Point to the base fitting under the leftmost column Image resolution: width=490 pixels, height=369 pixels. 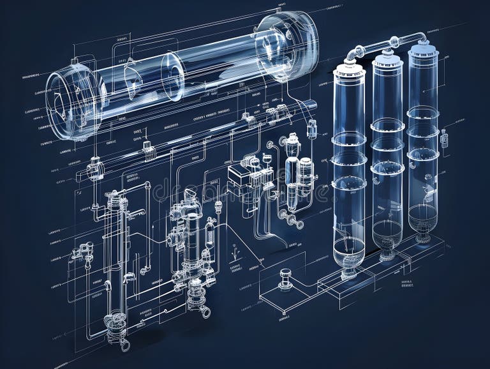pyautogui.click(x=349, y=273)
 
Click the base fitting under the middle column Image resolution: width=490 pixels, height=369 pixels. pyautogui.click(x=386, y=255)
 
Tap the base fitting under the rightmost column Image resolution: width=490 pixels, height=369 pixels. pyautogui.click(x=423, y=239)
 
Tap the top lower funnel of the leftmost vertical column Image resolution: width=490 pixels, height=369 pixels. pyautogui.click(x=349, y=249)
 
